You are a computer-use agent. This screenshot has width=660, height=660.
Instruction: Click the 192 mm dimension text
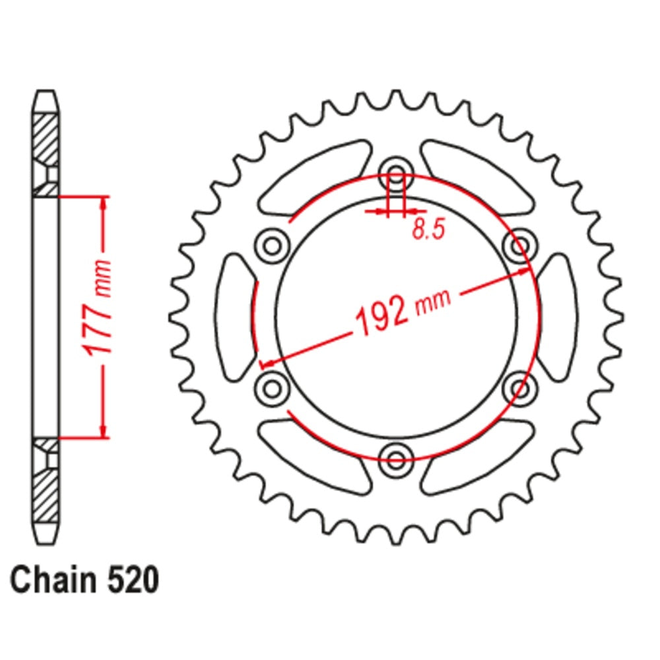click(403, 313)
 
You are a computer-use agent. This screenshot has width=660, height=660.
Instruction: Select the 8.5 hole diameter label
click(428, 230)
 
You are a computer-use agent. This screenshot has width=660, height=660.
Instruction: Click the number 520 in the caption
click(133, 580)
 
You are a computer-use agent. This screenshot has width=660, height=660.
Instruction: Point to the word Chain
click(53, 579)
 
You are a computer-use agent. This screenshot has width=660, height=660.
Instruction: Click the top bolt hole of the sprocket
click(395, 174)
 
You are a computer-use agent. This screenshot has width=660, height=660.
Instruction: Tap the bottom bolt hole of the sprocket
click(395, 459)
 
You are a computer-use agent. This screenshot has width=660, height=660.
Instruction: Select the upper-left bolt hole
click(273, 246)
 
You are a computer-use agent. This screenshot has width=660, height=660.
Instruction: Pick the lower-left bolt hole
click(273, 388)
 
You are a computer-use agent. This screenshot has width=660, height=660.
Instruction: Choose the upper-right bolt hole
click(520, 246)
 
